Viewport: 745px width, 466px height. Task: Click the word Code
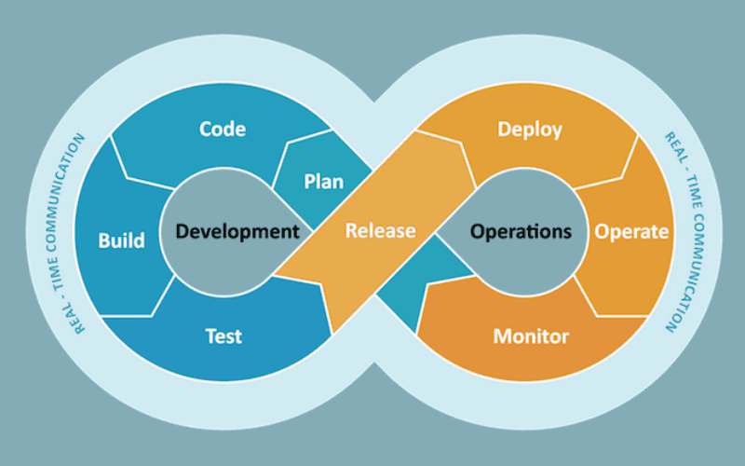coord(223,129)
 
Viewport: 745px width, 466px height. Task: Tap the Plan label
coord(323,182)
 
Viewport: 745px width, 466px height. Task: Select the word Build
coord(121,240)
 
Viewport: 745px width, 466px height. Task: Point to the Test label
coord(223,336)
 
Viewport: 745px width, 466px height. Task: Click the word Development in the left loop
coord(237,231)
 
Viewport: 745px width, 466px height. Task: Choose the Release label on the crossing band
coord(380,230)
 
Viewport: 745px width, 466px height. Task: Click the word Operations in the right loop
coord(521,231)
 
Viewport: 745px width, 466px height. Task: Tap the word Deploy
coord(530,130)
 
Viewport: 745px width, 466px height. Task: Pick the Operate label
coord(631,232)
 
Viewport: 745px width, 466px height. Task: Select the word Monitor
coord(531,336)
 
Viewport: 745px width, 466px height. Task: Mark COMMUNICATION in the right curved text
coord(689,272)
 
